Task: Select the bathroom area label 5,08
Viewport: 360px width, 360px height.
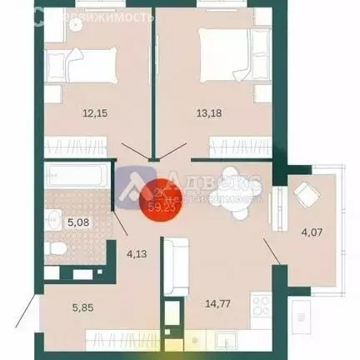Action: pyautogui.click(x=78, y=222)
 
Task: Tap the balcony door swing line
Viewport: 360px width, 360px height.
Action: pyautogui.click(x=273, y=250)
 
